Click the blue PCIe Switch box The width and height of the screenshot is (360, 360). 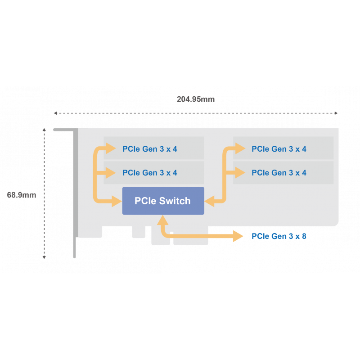pyautogui.click(x=163, y=201)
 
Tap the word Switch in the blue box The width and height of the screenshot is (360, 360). pyautogui.click(x=175, y=201)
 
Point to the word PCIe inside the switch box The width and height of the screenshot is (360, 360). pyautogui.click(x=144, y=201)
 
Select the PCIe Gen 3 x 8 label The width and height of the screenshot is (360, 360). pyautogui.click(x=279, y=236)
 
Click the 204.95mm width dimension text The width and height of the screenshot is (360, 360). pyautogui.click(x=195, y=99)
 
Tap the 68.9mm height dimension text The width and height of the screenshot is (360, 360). pyautogui.click(x=22, y=195)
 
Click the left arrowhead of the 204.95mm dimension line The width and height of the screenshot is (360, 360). pyautogui.click(x=55, y=113)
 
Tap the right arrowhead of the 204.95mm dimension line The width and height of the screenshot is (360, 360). pyautogui.click(x=336, y=113)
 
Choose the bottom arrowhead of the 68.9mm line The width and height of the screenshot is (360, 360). pyautogui.click(x=44, y=257)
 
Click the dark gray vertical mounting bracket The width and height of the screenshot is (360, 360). pyautogui.click(x=75, y=193)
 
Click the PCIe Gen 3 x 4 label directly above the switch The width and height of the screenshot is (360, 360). pyautogui.click(x=149, y=173)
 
